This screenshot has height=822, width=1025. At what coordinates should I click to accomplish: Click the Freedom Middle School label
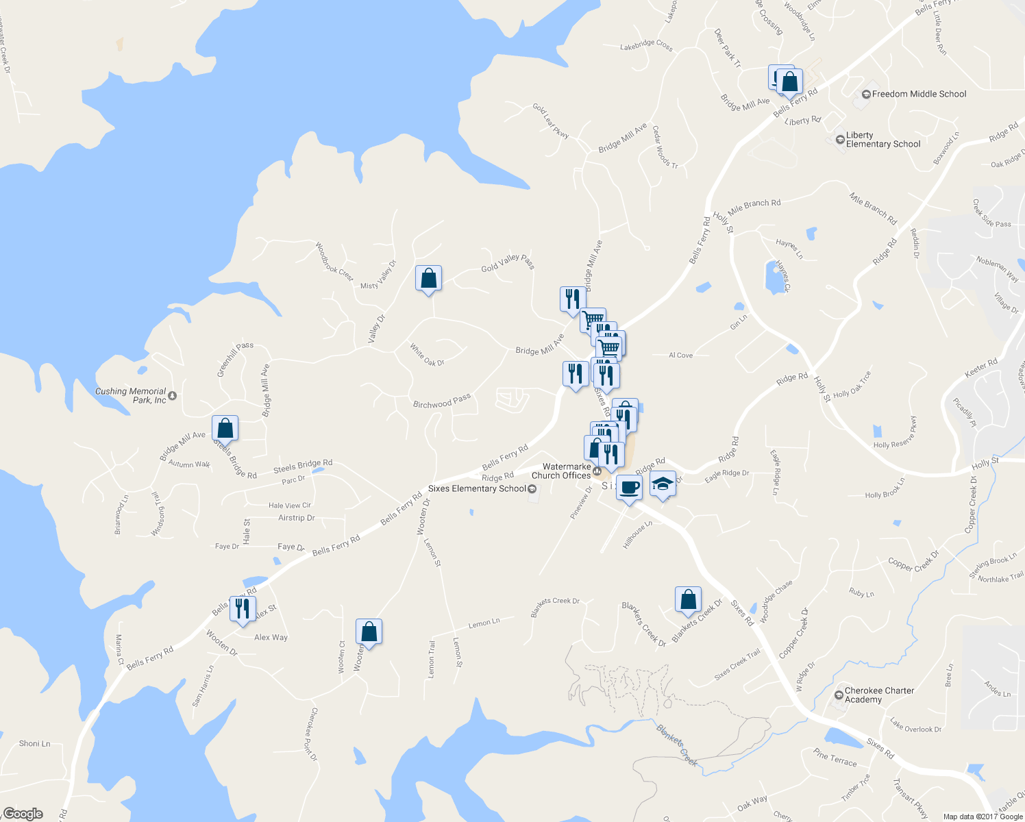918,94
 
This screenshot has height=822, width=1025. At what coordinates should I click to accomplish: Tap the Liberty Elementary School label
882,140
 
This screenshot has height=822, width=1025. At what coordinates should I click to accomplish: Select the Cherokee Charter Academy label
879,695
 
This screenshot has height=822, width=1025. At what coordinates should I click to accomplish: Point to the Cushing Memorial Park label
131,396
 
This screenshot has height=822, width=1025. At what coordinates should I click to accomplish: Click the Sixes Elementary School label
477,488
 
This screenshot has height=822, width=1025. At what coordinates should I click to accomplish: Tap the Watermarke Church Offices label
561,471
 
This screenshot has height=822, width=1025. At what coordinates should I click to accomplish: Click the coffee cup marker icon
629,488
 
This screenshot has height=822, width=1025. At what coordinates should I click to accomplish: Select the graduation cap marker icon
663,484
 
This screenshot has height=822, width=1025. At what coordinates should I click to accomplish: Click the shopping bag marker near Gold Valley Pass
428,278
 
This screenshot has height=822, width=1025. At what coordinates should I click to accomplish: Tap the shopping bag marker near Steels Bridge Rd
225,428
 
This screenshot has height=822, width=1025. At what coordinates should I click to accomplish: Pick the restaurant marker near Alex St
243,608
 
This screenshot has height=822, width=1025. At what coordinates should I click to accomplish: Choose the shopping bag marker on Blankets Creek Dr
688,599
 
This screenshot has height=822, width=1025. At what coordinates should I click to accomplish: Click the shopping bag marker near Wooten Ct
369,632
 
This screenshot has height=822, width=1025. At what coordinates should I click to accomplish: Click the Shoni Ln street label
34,743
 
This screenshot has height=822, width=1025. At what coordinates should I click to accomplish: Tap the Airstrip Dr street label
297,518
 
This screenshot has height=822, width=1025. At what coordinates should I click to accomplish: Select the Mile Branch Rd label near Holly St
754,204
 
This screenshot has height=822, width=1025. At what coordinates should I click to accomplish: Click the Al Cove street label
680,355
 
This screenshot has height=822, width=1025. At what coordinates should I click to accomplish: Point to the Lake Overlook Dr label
915,725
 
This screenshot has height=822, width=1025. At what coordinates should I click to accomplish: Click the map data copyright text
983,817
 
